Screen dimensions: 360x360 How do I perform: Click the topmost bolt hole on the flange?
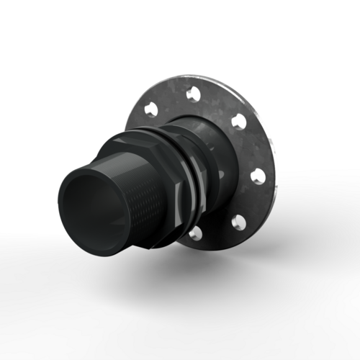coord(192,94)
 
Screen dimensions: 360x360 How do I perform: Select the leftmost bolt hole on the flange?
coord(150,109)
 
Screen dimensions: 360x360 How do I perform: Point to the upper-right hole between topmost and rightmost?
coord(238,121)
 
